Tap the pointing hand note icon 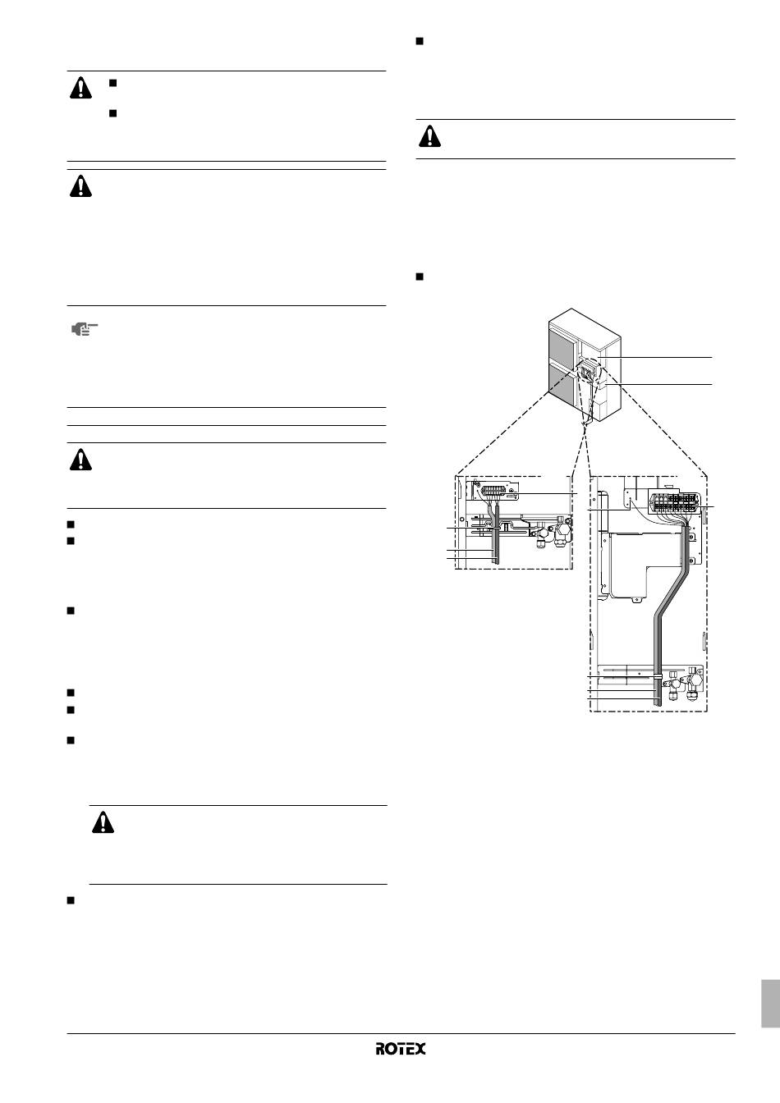[85, 328]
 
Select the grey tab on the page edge [770, 1004]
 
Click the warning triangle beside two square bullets [80, 89]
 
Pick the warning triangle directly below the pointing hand [80, 460]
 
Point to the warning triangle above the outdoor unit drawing [429, 136]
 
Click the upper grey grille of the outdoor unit [562, 347]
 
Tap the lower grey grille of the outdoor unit [562, 386]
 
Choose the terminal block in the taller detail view [675, 503]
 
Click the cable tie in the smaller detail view [495, 528]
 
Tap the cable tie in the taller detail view [658, 678]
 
